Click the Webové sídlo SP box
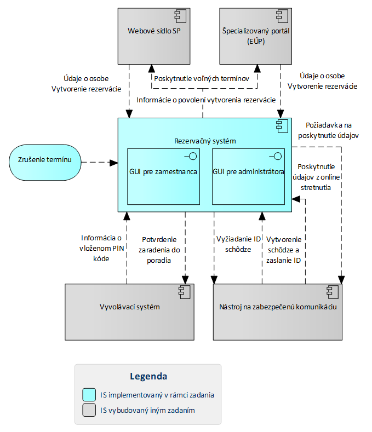coord(154,36)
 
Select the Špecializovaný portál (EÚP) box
coord(256,36)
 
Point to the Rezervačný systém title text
coord(205,141)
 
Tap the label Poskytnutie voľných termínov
coord(202,79)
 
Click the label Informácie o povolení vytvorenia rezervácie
coord(207,100)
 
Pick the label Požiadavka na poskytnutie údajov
coord(329,130)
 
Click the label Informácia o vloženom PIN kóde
coord(101,248)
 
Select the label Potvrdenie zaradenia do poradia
coord(159,250)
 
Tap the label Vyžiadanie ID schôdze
coord(238,244)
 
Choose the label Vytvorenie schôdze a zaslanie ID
coord(284,250)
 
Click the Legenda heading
coord(148,376)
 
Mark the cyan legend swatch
coord(89,394)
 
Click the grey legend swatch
coord(89,410)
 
